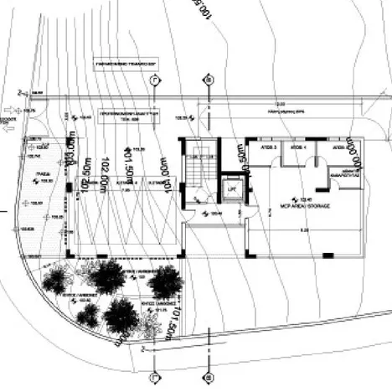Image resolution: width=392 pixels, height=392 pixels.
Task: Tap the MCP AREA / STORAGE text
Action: (297, 202)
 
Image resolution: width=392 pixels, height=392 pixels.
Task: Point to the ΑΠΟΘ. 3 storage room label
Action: (266, 147)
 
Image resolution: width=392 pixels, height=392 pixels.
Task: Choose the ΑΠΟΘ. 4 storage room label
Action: (297, 147)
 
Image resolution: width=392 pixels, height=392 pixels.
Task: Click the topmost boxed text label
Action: (126, 63)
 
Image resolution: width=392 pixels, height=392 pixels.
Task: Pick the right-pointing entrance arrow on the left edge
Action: (6, 110)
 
